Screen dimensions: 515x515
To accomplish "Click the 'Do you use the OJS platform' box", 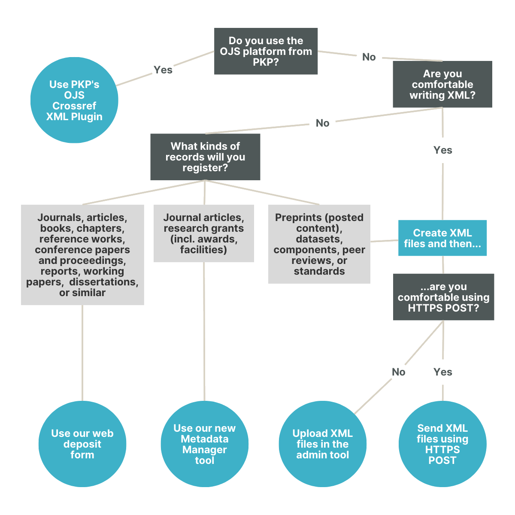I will point(266,51).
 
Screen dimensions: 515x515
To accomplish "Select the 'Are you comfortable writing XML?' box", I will point(442,85).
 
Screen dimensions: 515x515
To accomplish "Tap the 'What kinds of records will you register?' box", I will point(205,157).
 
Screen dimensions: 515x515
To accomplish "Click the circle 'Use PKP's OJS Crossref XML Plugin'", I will point(74,100).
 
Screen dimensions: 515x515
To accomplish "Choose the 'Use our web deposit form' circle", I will point(82,444).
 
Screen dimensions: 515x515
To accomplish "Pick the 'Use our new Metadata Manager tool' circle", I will point(204,444).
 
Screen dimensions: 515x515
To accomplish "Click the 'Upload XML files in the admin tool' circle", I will point(322,444).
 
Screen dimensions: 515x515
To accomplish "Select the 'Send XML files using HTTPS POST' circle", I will point(442,444).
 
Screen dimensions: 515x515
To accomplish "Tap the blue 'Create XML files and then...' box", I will point(442,238).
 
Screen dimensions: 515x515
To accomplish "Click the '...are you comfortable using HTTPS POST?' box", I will point(443,297).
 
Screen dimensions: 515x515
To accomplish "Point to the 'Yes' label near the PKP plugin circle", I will point(163,70).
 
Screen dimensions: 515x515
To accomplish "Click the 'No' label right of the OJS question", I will point(369,57).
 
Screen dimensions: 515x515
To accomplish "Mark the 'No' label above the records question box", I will point(322,123).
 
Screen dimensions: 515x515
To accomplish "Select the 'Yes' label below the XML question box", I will point(442,150).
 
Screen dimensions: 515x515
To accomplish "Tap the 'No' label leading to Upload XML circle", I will point(398,372).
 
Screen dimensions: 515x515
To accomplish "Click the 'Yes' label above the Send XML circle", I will point(442,372).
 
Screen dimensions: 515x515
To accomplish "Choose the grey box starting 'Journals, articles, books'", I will point(82,255).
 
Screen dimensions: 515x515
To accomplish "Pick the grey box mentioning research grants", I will point(203,233).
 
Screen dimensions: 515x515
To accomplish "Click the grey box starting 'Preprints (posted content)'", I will point(319,244).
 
